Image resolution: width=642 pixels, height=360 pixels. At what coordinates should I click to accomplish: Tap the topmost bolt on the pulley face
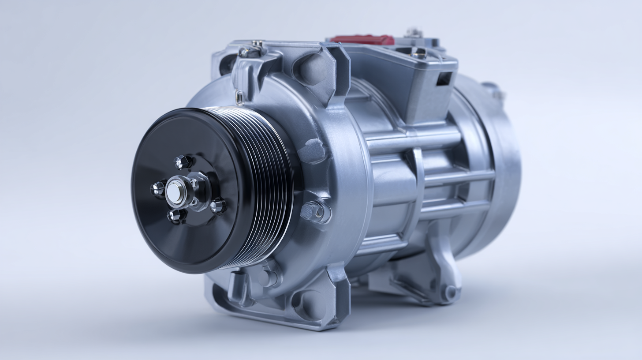(x=183, y=162)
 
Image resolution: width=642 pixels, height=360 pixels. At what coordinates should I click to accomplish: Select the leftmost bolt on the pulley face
(x=157, y=189)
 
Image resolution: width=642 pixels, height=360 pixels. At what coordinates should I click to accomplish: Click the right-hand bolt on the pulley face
(x=218, y=206)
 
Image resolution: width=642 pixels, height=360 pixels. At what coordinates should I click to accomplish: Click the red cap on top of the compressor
(x=362, y=39)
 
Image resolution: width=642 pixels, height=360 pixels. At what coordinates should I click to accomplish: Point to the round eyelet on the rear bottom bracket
(x=450, y=292)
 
